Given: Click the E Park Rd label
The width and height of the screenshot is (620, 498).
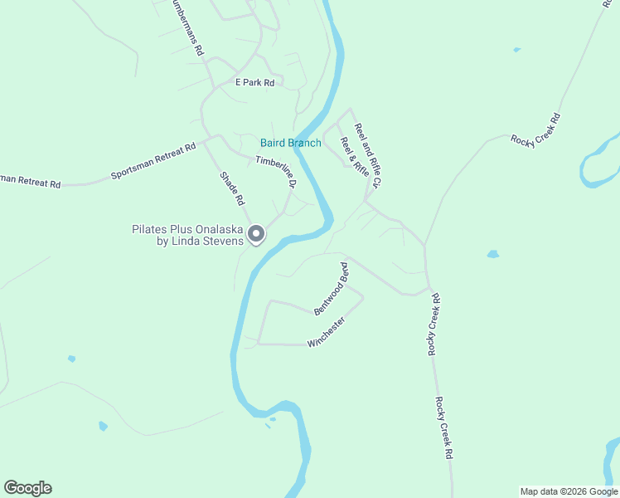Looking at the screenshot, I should tap(254, 82).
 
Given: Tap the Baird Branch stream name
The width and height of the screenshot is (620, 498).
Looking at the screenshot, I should tap(290, 143).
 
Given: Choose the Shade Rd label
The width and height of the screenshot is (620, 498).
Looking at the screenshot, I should tap(233, 188).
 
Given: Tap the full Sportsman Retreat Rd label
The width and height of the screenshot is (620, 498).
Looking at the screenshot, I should tap(153, 162).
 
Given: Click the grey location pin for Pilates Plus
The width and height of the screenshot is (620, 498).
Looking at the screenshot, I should tap(257, 235).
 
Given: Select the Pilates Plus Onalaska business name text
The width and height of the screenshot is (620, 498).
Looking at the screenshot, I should tap(189, 235).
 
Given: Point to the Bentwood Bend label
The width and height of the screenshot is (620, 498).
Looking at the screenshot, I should tap(332, 288).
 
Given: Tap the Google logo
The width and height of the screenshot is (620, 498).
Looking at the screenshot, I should tap(27, 488).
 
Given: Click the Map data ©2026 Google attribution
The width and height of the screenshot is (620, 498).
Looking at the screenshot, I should tap(569, 491).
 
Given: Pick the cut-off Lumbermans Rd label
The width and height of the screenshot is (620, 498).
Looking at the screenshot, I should tap(187, 27).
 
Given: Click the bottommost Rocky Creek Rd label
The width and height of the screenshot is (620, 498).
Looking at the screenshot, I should tap(443, 428).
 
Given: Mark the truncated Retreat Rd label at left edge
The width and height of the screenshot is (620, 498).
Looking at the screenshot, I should tap(30, 180).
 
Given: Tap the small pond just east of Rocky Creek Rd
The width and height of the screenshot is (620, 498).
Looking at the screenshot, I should tap(494, 254).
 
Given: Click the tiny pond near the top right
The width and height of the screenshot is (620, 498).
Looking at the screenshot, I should tap(517, 50).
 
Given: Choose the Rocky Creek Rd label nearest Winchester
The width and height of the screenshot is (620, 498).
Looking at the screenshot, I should tap(434, 324).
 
